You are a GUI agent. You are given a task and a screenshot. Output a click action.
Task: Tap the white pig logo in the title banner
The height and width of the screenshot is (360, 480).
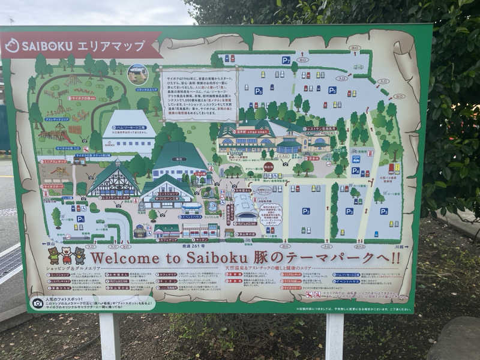12,46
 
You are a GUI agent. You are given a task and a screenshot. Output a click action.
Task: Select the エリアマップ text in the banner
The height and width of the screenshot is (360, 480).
112,45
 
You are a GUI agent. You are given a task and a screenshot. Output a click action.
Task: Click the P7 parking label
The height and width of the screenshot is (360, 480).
286,60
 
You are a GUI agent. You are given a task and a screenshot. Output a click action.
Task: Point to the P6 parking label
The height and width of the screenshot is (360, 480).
259,91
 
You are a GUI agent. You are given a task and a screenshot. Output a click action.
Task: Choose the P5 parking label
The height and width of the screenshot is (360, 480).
332,90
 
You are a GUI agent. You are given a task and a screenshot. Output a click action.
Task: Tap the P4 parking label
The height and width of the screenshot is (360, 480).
355,170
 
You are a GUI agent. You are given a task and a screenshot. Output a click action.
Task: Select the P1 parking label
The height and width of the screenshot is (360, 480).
80,219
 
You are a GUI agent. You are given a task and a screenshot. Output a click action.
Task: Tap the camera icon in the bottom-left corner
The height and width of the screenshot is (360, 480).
38,303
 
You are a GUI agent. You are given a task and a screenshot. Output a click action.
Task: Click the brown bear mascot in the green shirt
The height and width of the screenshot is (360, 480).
54,256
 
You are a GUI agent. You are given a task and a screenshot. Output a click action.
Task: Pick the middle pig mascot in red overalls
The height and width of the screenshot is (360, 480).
67,256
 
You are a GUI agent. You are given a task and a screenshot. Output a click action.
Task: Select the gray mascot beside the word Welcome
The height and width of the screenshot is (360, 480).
80,256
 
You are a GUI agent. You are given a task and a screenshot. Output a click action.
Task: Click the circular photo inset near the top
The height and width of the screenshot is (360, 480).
138,73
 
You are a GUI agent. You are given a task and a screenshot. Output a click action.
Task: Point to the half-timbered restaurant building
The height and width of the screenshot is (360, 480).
113,181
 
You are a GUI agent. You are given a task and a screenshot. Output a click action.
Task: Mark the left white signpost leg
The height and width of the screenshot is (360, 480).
110,336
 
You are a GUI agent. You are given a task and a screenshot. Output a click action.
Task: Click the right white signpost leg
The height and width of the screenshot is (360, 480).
334,336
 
